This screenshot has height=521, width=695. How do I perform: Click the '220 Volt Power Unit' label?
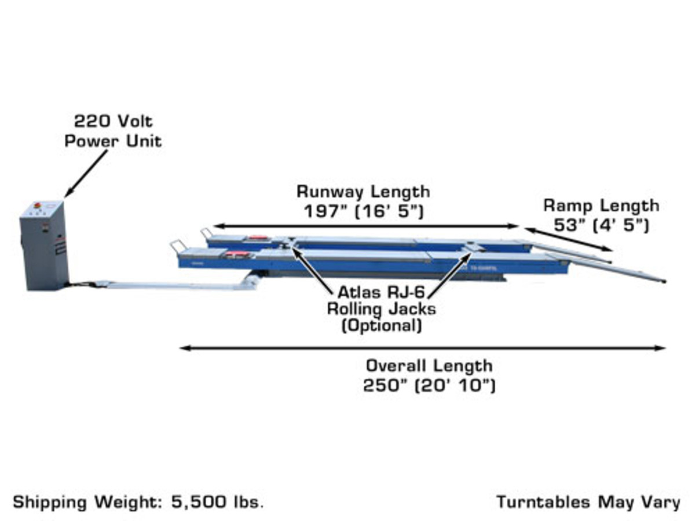(113, 131)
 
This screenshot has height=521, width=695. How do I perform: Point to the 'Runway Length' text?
(363, 191)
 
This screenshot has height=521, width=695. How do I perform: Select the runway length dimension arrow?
(365, 226)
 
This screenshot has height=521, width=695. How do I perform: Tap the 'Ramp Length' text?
(601, 206)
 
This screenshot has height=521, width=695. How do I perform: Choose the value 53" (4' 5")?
(601, 225)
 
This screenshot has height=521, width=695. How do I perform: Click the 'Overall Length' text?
(429, 366)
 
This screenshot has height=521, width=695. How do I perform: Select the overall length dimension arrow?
(423, 348)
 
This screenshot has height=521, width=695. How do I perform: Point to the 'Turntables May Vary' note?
(588, 501)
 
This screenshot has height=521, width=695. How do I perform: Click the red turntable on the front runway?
(237, 254)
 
